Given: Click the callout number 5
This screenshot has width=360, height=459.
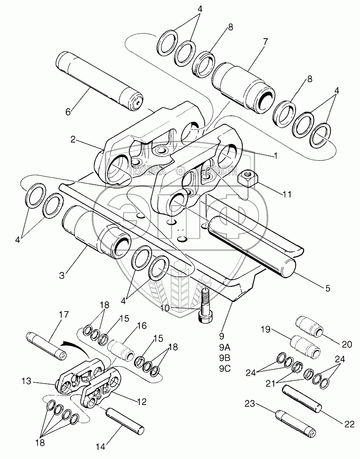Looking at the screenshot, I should (x=327, y=288).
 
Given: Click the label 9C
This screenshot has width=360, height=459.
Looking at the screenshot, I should (x=225, y=369).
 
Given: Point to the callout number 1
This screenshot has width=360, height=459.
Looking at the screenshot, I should (x=275, y=155).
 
